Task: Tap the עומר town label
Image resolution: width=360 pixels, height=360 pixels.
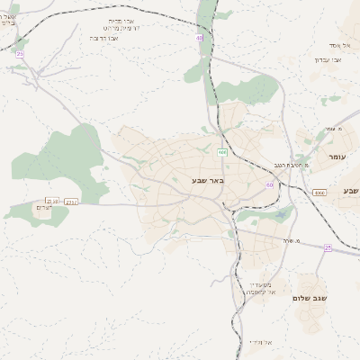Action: pyautogui.click(x=337, y=157)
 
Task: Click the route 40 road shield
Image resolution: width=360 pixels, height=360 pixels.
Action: pyautogui.click(x=199, y=38)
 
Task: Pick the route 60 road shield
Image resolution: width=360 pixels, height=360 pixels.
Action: pyautogui.click(x=269, y=184)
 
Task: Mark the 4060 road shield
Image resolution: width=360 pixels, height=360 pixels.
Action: pyautogui.click(x=319, y=193)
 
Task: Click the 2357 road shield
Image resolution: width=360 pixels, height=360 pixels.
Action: pyautogui.click(x=71, y=202)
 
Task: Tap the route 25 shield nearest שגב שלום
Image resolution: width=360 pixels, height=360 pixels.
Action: pyautogui.click(x=328, y=247)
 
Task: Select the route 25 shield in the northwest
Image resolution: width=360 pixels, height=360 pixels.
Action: pyautogui.click(x=20, y=54)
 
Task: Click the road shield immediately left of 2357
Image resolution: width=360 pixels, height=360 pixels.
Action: pyautogui.click(x=52, y=201)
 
